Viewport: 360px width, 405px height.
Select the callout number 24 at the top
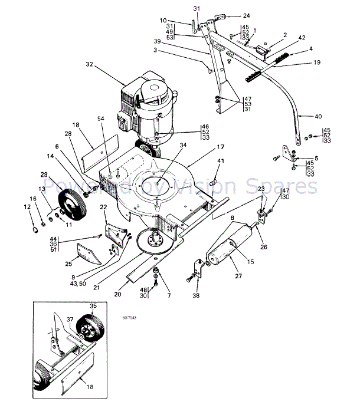[246, 15]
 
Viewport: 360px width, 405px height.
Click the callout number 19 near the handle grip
[316, 62]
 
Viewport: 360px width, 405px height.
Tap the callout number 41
[221, 160]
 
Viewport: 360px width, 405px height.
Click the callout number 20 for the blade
[118, 293]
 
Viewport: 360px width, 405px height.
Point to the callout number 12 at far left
[27, 207]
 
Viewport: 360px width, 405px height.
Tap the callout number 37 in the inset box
[70, 320]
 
